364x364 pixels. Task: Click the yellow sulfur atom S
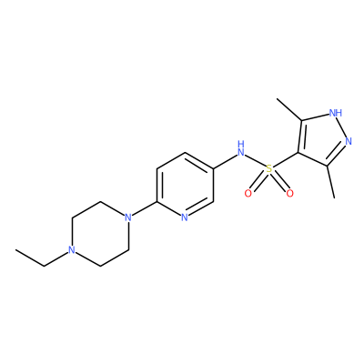click(x=268, y=169)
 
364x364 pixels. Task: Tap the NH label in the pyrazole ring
click(x=336, y=114)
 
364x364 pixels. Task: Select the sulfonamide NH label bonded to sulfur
click(x=241, y=148)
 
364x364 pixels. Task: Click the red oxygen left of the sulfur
click(x=248, y=193)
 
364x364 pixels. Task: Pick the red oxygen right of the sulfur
click(x=289, y=193)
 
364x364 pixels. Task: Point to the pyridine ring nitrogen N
click(x=185, y=217)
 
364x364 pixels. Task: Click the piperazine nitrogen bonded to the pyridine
click(x=128, y=217)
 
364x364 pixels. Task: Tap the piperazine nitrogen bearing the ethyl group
click(x=72, y=250)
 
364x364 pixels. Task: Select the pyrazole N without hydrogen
click(x=349, y=141)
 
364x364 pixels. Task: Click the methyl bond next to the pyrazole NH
click(x=288, y=109)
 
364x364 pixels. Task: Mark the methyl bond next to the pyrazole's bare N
click(x=330, y=182)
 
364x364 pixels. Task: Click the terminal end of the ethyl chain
click(x=15, y=250)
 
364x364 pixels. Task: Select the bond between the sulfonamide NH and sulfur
click(x=255, y=161)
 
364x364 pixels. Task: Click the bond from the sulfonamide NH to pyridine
click(x=225, y=160)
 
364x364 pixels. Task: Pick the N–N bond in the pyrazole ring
click(x=342, y=127)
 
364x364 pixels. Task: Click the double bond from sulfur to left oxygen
click(x=258, y=182)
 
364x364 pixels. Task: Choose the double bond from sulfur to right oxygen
click(x=279, y=182)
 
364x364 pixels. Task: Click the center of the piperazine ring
click(x=100, y=234)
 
